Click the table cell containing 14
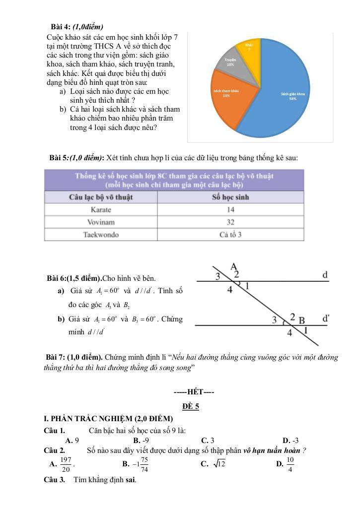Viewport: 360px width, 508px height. pyautogui.click(x=230, y=210)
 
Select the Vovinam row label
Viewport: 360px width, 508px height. pyautogui.click(x=101, y=222)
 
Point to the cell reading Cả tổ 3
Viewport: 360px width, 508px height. pyautogui.click(x=230, y=235)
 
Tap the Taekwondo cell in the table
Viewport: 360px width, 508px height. pyautogui.click(x=101, y=235)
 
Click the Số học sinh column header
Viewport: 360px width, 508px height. pyautogui.click(x=230, y=197)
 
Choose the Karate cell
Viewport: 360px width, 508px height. pyautogui.click(x=101, y=210)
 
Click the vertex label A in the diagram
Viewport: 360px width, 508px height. pyautogui.click(x=234, y=266)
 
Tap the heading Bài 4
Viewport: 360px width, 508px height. pyautogui.click(x=77, y=27)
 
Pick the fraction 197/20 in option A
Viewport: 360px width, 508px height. pyautogui.click(x=66, y=465)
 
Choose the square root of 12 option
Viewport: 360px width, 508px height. pyautogui.click(x=219, y=464)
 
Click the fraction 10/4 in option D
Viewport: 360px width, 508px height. pyautogui.click(x=290, y=465)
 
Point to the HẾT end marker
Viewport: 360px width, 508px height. pyautogui.click(x=194, y=393)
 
